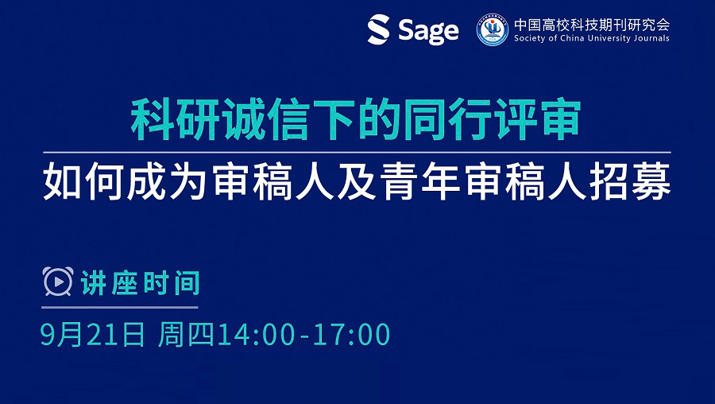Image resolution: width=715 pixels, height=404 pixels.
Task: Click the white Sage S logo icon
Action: [378, 29]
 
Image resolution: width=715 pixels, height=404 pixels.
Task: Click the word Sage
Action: [428, 32]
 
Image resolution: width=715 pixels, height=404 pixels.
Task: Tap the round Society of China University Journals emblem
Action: [493, 30]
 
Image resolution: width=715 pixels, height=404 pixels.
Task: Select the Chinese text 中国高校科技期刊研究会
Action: [592, 25]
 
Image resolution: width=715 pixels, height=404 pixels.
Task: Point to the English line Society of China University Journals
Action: [592, 38]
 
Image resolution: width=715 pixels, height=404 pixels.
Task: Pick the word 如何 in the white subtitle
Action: [83, 181]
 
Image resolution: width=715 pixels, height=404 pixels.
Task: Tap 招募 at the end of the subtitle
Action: [630, 181]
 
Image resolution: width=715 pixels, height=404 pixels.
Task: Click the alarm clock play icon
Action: [58, 282]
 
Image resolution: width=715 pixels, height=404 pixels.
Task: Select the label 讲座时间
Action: [141, 283]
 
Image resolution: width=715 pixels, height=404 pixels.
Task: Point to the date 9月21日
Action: [93, 335]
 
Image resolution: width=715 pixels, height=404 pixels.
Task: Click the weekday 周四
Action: [186, 335]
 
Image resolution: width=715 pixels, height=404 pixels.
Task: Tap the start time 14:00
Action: [257, 335]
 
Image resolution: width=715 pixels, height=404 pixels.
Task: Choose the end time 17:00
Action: [351, 335]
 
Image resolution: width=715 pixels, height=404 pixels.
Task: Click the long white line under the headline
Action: [357, 152]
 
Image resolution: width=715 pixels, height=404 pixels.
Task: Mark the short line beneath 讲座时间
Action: [120, 307]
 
